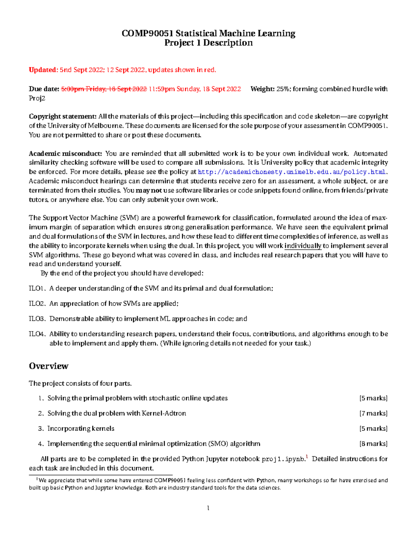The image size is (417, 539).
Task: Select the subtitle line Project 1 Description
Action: coord(208,43)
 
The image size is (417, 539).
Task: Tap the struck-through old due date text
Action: coord(104,89)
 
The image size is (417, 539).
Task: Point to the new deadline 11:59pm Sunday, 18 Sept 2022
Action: coord(195,89)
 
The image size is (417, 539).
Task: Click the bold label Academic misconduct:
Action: coord(65,153)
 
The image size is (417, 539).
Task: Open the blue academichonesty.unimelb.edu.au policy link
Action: coord(292,172)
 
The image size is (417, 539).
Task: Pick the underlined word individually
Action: coord(303,246)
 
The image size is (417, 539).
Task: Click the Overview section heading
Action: coord(49,366)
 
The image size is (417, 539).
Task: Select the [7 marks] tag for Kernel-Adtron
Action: coord(373,413)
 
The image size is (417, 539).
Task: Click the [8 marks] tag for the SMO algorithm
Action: coord(373,444)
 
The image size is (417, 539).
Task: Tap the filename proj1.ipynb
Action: coord(283,459)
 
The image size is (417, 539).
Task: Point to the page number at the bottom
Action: coord(208,508)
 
